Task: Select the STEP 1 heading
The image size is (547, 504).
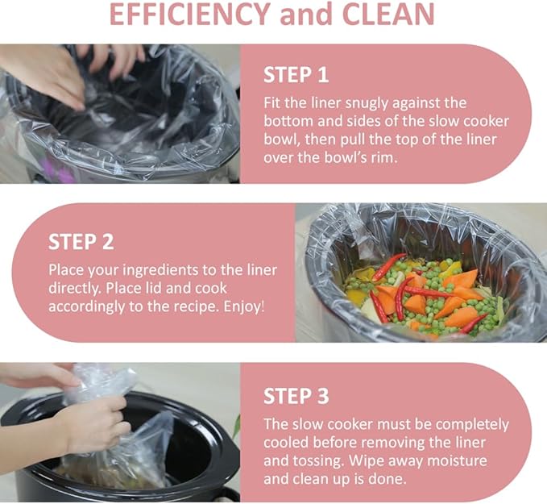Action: point(296,75)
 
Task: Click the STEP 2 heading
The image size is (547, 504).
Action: point(81,242)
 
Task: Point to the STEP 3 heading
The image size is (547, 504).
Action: point(296,396)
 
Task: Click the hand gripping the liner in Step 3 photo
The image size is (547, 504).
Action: point(93,423)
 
